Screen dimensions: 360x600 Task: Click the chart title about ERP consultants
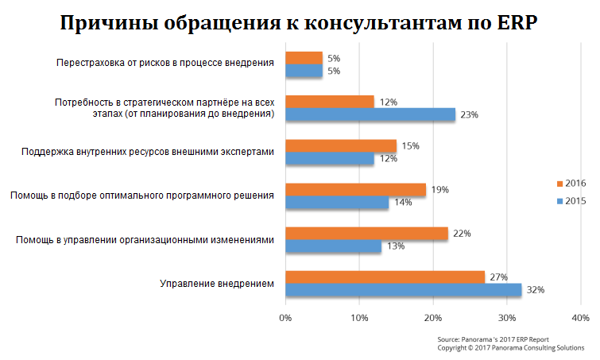tap(300, 23)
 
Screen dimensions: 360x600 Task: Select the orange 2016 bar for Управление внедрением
tap(384, 277)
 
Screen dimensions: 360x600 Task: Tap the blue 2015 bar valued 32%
tap(403, 290)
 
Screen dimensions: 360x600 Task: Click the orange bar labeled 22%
tap(366, 233)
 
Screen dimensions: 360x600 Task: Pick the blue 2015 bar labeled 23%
tap(370, 115)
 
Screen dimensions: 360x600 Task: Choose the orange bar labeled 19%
tap(354, 190)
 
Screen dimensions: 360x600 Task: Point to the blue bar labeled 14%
tap(336, 203)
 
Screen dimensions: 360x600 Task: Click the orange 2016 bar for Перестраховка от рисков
tap(304, 58)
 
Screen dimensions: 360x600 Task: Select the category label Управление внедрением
tap(217, 283)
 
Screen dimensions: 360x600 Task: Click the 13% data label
tap(395, 246)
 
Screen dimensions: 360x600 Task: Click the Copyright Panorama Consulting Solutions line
tap(510, 347)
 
